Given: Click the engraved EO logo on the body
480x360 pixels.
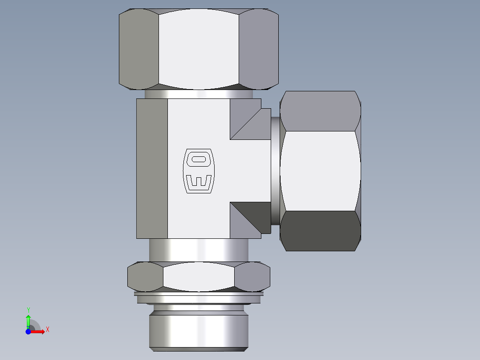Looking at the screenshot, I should [199, 172].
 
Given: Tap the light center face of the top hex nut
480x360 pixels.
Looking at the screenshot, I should [199, 49].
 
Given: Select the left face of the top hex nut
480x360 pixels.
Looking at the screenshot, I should [138, 49].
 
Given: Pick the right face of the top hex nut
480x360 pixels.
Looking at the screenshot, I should [259, 49].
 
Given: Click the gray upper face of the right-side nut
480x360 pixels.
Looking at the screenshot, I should [320, 111].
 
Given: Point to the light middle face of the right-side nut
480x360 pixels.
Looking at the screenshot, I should [320, 171].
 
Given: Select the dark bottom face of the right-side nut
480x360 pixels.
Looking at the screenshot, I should [320, 231].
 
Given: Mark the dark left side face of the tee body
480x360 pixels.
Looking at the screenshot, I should [152, 168].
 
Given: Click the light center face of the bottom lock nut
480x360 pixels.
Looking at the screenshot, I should [199, 277].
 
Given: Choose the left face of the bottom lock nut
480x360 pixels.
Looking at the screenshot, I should [145, 277].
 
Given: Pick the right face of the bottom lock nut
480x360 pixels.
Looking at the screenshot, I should [252, 277].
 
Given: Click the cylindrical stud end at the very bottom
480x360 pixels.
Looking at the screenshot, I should [198, 330].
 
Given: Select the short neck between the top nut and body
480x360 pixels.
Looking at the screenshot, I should [199, 94].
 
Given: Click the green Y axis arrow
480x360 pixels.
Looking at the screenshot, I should [28, 320].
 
